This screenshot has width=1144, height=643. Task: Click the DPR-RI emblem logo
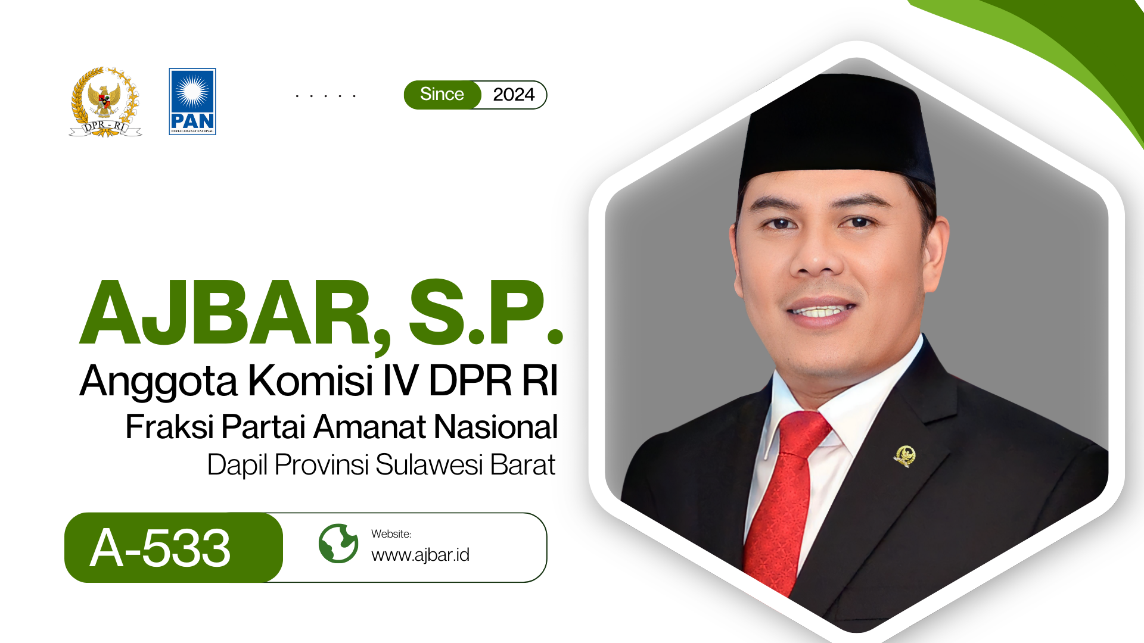(x=105, y=102)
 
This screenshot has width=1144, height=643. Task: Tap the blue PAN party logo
(x=192, y=101)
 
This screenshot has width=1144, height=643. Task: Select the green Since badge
(x=442, y=95)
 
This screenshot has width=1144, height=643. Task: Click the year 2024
(x=514, y=95)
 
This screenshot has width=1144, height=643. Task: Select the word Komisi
(x=310, y=380)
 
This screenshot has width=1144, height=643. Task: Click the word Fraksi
(x=169, y=427)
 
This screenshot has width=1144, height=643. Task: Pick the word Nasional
(x=496, y=427)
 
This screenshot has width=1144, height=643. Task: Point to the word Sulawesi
(x=429, y=465)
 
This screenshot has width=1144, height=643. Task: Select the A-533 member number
(x=160, y=548)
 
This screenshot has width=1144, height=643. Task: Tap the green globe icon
(x=338, y=544)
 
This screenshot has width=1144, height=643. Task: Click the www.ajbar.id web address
(x=421, y=555)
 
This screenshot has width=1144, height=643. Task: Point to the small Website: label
(x=391, y=534)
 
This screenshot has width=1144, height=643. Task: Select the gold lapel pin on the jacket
(x=904, y=456)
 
